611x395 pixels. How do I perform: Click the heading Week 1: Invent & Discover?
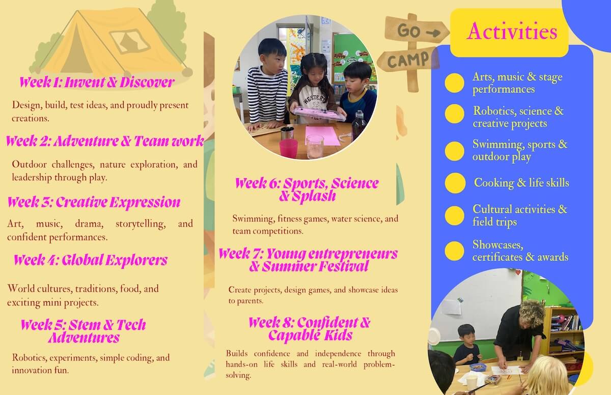point(97,82)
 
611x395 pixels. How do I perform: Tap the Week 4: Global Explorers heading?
point(91,260)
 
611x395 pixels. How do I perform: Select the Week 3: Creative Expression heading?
point(94,202)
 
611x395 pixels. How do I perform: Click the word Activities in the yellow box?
point(512,32)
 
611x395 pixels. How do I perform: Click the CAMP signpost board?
point(407,60)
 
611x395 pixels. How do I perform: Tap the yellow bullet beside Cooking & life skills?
point(455,183)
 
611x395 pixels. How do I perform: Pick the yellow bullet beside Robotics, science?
point(454,114)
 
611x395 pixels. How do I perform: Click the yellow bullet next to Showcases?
point(454,251)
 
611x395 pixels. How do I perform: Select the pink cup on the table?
point(288,149)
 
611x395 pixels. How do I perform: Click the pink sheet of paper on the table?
point(322,135)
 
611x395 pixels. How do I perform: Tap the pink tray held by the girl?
point(318,114)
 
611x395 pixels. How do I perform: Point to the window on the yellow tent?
point(130,41)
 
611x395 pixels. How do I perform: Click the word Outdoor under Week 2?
point(30,164)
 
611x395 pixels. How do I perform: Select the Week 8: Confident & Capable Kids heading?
point(310,329)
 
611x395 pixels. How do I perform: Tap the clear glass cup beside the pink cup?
point(315,147)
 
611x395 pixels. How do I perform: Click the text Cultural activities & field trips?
point(520,215)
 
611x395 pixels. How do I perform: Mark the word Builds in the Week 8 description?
point(237,353)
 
